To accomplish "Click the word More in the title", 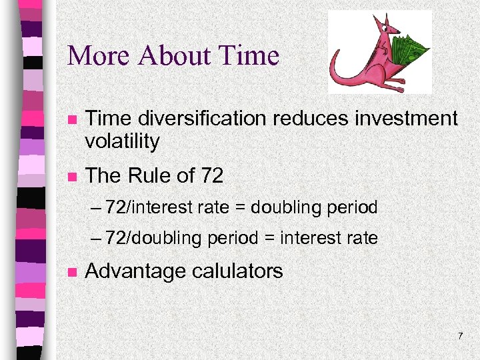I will pyautogui.click(x=97, y=55).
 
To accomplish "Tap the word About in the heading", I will pyautogui.click(x=172, y=55).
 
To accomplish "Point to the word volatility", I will pyautogui.click(x=123, y=141).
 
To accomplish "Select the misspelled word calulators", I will pyautogui.click(x=238, y=271).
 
